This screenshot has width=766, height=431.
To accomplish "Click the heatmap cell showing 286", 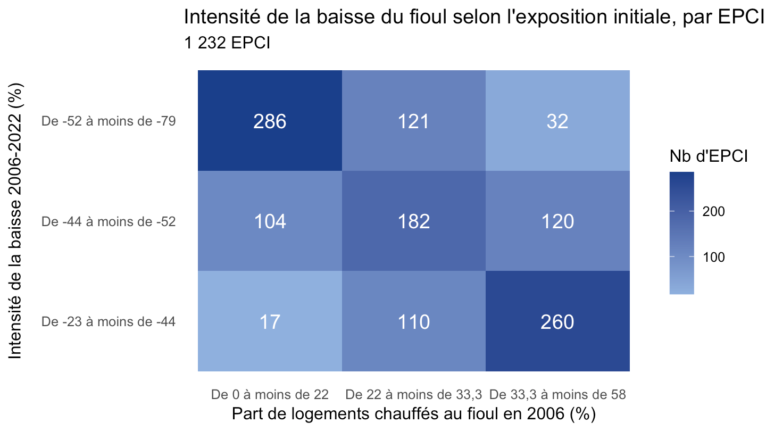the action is [x=270, y=120].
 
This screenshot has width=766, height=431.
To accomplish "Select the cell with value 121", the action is [x=414, y=120].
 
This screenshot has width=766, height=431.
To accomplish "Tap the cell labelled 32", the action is [x=557, y=120].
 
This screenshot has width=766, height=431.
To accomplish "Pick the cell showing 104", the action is [x=270, y=221].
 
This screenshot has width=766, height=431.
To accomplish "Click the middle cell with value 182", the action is [x=414, y=221].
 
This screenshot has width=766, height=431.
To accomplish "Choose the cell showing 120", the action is [x=557, y=221].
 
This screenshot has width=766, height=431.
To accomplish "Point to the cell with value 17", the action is [x=270, y=321].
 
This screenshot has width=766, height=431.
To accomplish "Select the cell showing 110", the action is [x=414, y=321].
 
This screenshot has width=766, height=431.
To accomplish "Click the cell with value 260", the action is [x=557, y=321].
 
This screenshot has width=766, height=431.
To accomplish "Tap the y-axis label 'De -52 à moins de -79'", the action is [x=109, y=121].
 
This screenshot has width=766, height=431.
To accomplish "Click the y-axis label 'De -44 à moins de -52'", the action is [x=109, y=222].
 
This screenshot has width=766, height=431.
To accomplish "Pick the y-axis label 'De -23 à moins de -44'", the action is [x=109, y=321].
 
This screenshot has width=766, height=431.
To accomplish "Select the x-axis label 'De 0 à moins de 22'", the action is [x=270, y=394].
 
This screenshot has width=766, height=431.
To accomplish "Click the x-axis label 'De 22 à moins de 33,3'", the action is [x=414, y=395].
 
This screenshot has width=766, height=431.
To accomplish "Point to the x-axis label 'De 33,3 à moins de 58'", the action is [x=557, y=395].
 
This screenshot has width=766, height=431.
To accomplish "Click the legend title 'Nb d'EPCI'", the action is [x=709, y=156].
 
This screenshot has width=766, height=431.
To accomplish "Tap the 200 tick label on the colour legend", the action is [x=714, y=211].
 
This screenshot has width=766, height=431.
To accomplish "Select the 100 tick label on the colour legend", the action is [x=714, y=257].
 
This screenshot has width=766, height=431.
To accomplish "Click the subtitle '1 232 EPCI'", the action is [x=227, y=43].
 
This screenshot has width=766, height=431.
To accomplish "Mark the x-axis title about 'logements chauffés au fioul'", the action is [x=414, y=414].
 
